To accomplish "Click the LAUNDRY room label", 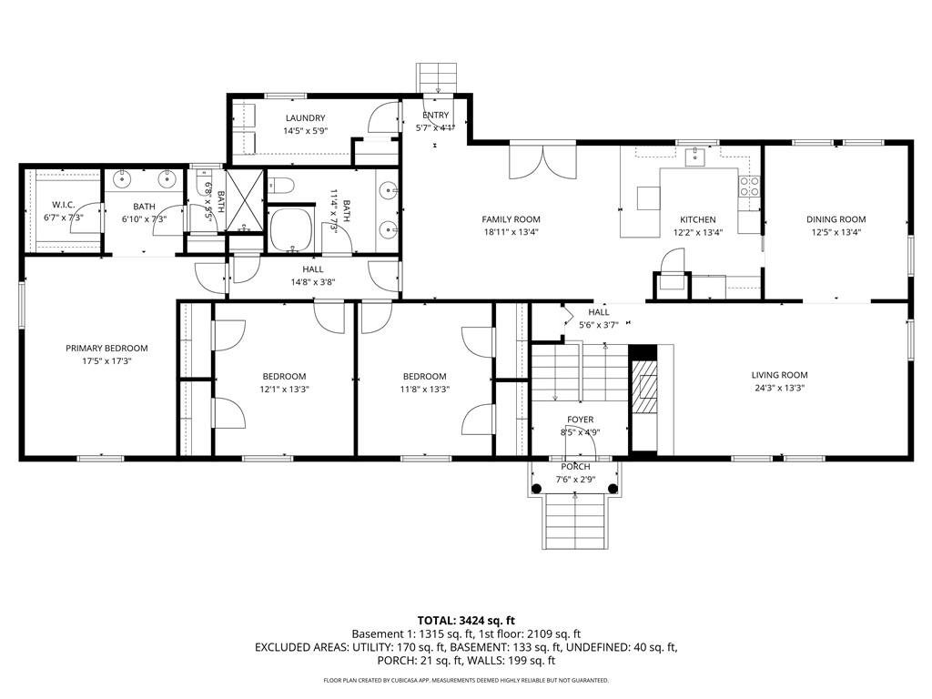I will (x=305, y=118).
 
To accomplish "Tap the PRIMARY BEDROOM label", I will (x=106, y=348).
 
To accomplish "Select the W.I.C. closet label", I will (x=63, y=204).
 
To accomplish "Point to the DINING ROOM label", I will (x=836, y=219).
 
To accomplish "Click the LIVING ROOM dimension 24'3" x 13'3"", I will (x=779, y=388).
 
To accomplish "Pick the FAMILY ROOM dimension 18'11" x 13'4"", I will (x=511, y=231).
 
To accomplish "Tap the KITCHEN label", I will (x=698, y=219).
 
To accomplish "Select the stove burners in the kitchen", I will (x=750, y=187).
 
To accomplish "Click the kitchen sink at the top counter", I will (x=695, y=157).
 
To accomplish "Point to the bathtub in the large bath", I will (x=291, y=229).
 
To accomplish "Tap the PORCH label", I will (x=575, y=467).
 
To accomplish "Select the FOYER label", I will (x=581, y=420).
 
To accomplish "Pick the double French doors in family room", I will (x=543, y=164).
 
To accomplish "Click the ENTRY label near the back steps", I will (x=435, y=115).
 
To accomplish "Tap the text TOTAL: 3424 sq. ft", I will (x=465, y=619).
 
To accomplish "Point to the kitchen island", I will (x=648, y=198).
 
